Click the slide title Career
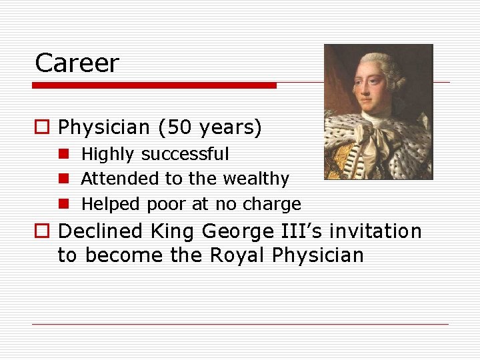coord(77,64)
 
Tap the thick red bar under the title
coord(154,85)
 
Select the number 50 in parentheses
coord(171,127)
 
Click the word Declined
coord(101,231)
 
